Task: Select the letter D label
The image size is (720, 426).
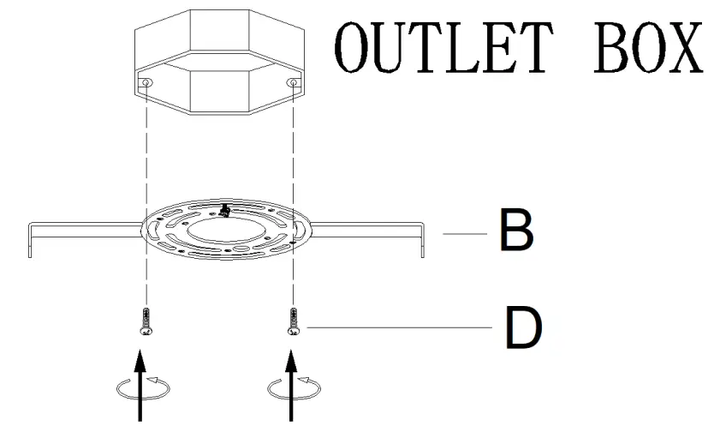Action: pyautogui.click(x=523, y=327)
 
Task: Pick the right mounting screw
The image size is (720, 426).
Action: pyautogui.click(x=294, y=321)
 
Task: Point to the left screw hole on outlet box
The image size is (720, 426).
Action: pyautogui.click(x=147, y=83)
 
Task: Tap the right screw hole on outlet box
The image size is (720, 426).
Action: pyautogui.click(x=293, y=83)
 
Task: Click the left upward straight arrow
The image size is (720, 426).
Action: pyautogui.click(x=142, y=386)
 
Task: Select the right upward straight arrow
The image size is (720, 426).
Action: pyautogui.click(x=293, y=386)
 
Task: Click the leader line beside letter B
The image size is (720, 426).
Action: pyautogui.click(x=463, y=232)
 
